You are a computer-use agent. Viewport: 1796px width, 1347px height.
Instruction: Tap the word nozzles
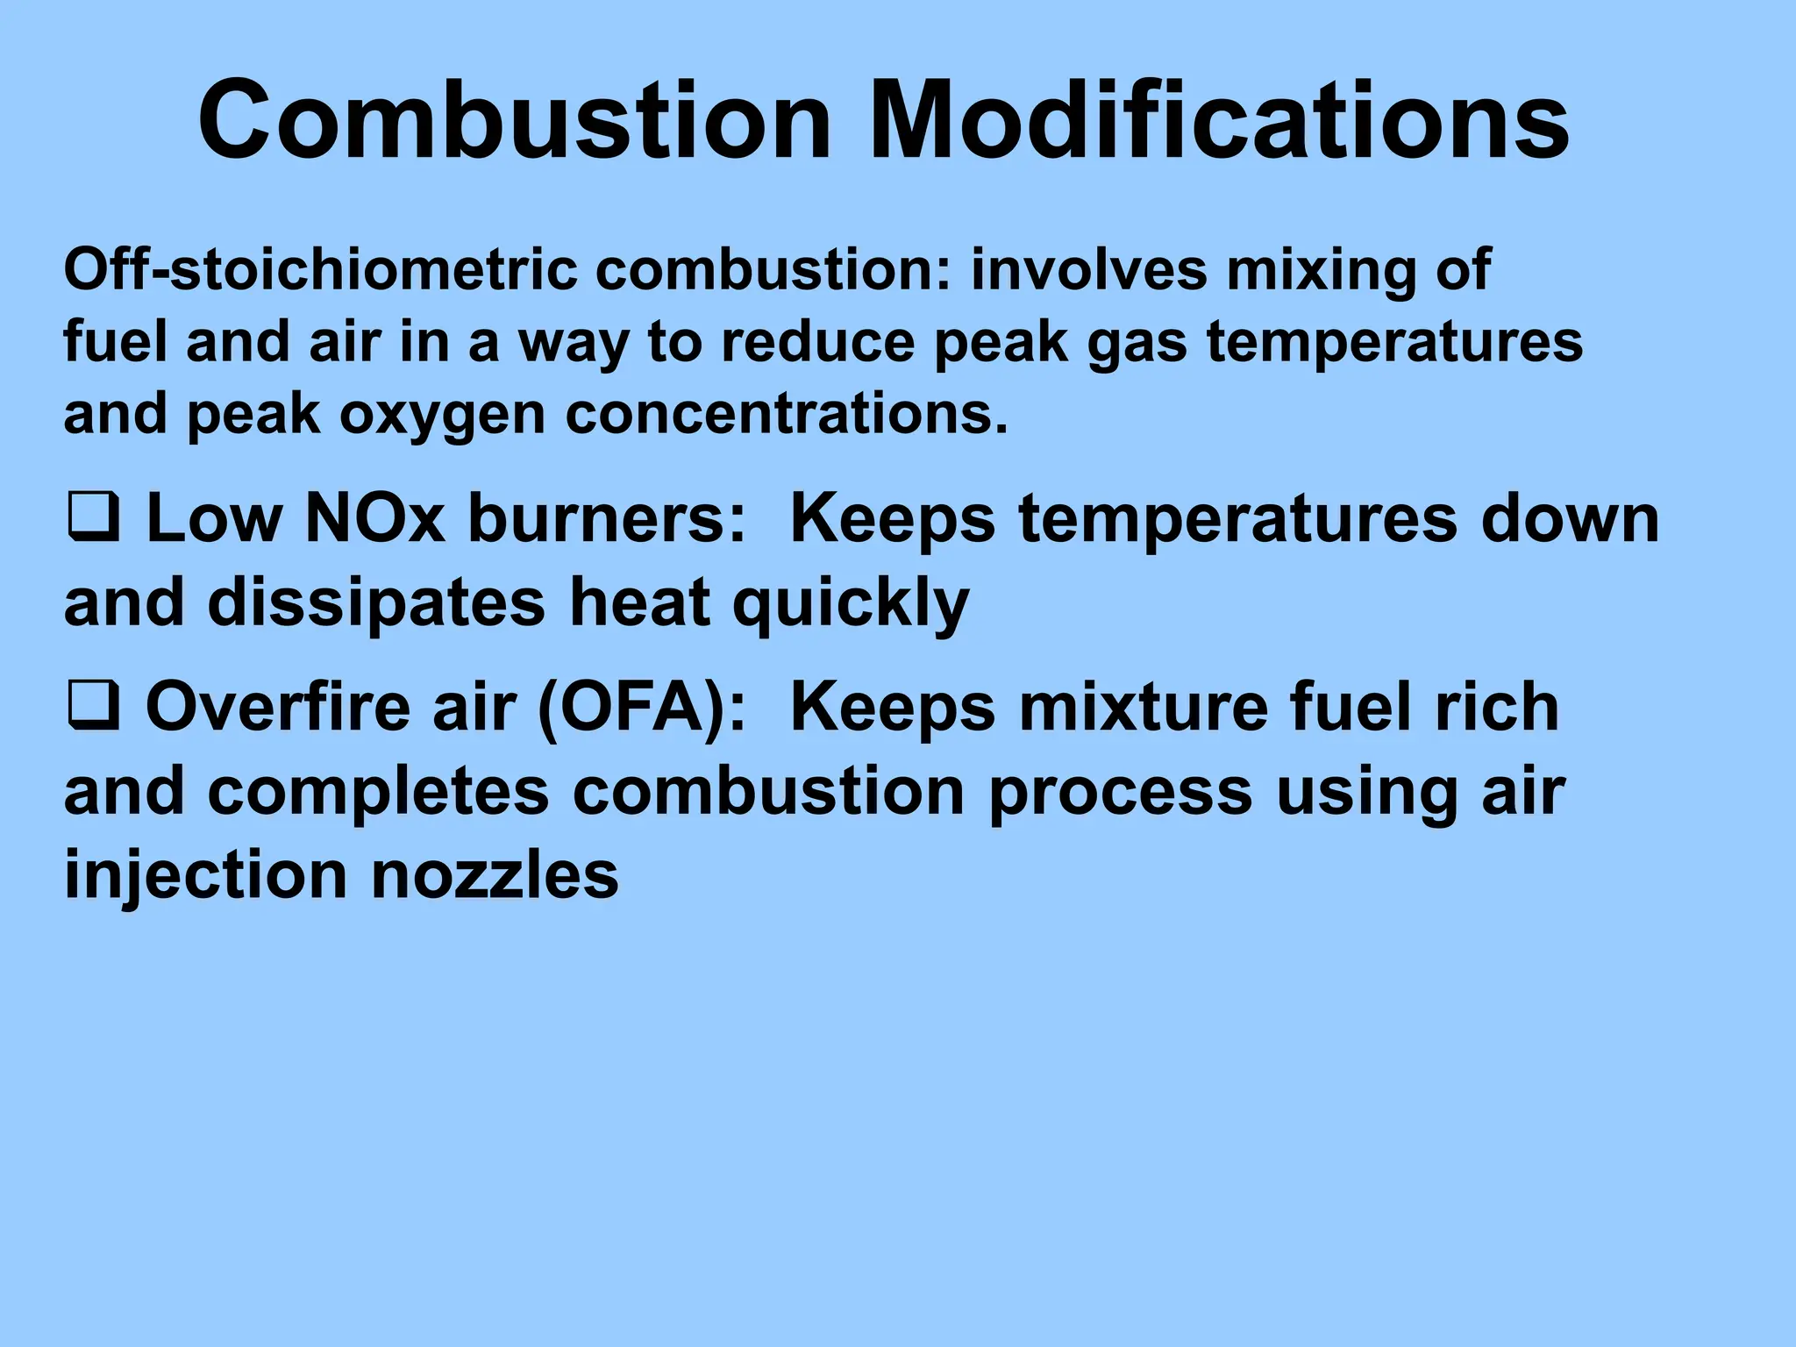[495, 875]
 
